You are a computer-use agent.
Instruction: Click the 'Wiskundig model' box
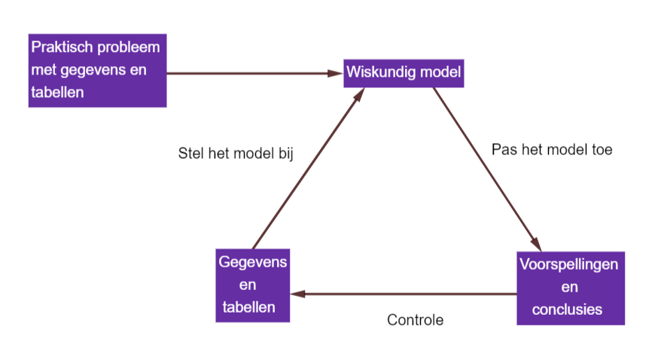coord(403,73)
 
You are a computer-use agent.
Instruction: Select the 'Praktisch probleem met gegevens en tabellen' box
coord(97,70)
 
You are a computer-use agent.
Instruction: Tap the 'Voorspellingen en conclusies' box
coord(571,288)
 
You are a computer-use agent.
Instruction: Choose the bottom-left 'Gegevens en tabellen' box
coord(252,285)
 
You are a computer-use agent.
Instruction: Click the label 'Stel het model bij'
coord(235,153)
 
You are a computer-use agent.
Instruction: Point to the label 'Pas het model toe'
coord(552,149)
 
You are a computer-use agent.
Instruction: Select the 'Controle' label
coord(415,320)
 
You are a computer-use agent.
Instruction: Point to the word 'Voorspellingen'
coord(570,265)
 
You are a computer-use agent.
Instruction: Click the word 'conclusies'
coord(570,310)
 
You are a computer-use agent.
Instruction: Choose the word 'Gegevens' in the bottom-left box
coord(252,262)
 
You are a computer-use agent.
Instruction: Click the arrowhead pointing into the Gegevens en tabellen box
coord(296,293)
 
